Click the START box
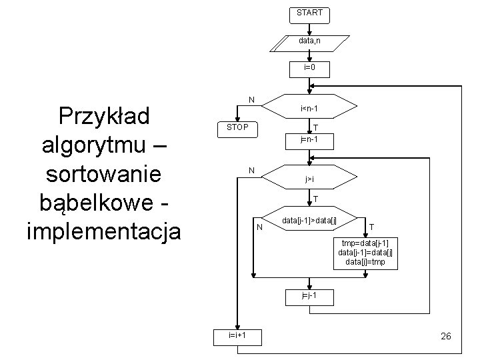tap(309, 13)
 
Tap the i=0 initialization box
tap(309, 68)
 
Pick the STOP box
tap(237, 127)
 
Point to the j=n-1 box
tap(309, 140)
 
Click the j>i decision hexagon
tap(310, 179)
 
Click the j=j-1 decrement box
tap(309, 294)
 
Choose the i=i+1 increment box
tap(237, 335)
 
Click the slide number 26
tap(446, 337)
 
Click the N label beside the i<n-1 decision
tap(251, 100)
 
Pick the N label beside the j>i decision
tap(251, 171)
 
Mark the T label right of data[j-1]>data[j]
tap(371, 227)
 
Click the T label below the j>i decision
tap(315, 199)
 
